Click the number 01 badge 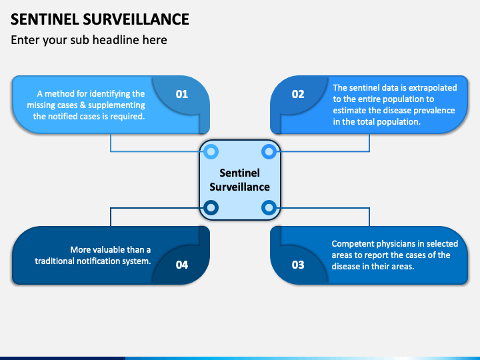click(182, 94)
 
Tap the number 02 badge click(298, 94)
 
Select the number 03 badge click(298, 265)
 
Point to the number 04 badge click(182, 265)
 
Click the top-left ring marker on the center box click(211, 152)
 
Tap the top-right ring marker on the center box click(269, 152)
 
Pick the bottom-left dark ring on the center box click(211, 208)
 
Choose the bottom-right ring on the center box click(269, 208)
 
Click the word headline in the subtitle click(124, 40)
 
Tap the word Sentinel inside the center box click(239, 173)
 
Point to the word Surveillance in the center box click(239, 187)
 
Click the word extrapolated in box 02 click(433, 87)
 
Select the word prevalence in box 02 click(433, 110)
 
